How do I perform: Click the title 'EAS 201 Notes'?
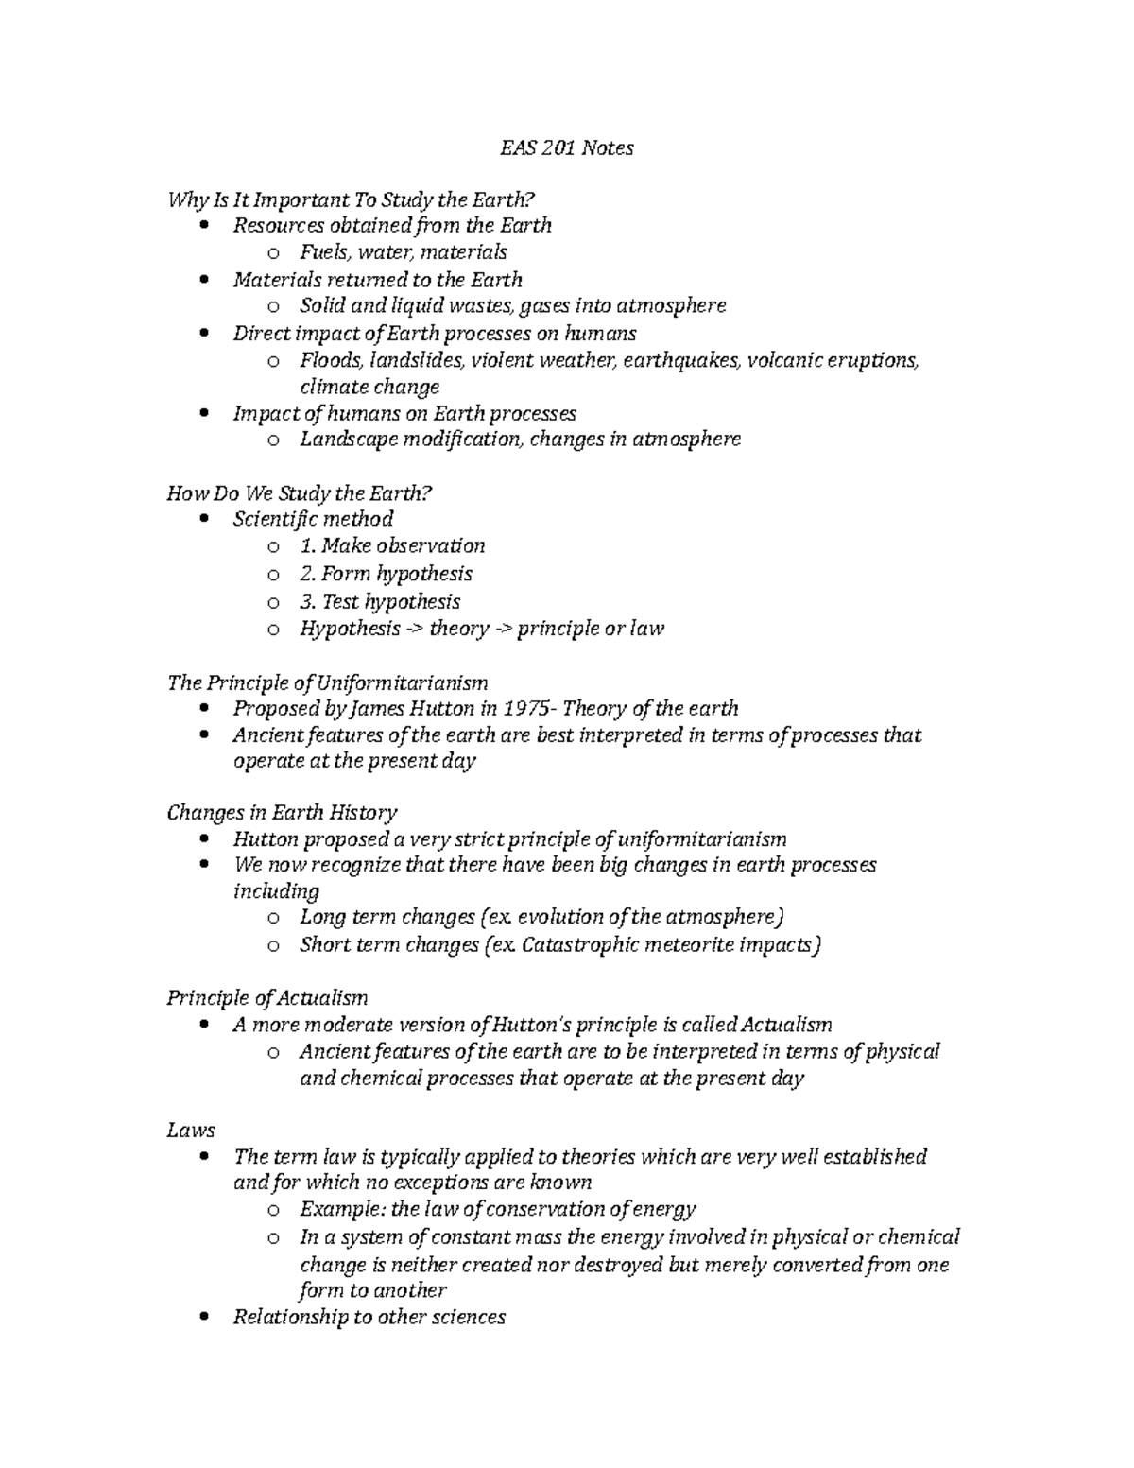tap(566, 147)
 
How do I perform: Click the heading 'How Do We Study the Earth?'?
tap(299, 492)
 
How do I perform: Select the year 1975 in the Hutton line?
tap(525, 708)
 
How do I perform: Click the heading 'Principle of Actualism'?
tap(266, 997)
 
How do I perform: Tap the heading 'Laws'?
tap(191, 1130)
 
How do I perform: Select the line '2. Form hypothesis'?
tap(386, 574)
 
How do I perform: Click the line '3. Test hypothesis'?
tap(380, 601)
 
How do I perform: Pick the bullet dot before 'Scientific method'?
tap(206, 519)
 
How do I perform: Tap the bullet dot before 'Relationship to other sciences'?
tap(206, 1317)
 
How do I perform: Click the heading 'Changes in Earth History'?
tap(282, 812)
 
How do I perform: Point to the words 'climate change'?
tap(369, 387)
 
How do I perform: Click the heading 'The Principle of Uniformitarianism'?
tap(327, 682)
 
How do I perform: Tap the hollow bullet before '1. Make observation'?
tap(273, 546)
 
